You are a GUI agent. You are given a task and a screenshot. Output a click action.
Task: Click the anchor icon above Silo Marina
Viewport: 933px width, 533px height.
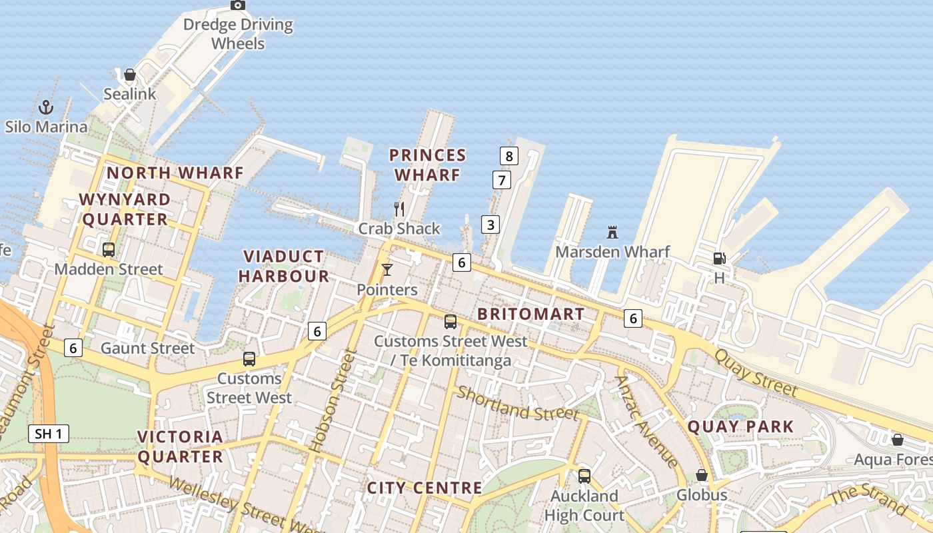click(x=46, y=107)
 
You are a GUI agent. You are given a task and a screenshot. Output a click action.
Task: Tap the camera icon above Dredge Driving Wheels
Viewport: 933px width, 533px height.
click(x=238, y=5)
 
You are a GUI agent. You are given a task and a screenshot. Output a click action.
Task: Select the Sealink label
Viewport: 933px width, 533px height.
click(x=129, y=94)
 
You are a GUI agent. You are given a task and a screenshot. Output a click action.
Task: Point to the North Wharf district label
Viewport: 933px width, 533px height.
click(x=175, y=173)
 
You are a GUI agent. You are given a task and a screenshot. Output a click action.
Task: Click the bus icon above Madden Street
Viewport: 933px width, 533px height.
click(x=109, y=250)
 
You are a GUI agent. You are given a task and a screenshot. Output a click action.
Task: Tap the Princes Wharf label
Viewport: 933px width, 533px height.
click(x=427, y=165)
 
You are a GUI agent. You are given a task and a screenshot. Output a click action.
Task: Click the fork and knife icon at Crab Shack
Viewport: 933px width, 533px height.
click(x=399, y=209)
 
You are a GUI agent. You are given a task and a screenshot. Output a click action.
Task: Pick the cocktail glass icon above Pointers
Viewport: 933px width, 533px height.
click(x=387, y=270)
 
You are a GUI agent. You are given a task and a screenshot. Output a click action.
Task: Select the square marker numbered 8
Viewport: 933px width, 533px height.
click(x=509, y=157)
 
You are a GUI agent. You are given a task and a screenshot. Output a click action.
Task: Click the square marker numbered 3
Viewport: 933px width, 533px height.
click(x=490, y=225)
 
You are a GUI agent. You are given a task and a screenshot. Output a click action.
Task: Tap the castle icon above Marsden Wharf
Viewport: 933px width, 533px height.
click(x=612, y=233)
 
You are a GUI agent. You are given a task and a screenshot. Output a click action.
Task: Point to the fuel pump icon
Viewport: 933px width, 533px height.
click(x=719, y=259)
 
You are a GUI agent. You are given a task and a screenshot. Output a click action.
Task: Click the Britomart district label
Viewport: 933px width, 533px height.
click(x=531, y=314)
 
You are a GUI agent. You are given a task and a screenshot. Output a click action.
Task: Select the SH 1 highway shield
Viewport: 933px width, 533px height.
click(x=49, y=434)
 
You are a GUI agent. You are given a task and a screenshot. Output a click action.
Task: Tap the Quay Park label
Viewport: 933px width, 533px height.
click(x=740, y=426)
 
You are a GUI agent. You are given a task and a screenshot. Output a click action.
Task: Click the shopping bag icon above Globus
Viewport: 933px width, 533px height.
click(x=701, y=475)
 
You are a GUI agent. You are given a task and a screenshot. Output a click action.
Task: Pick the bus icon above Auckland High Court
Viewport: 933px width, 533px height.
click(x=584, y=476)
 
